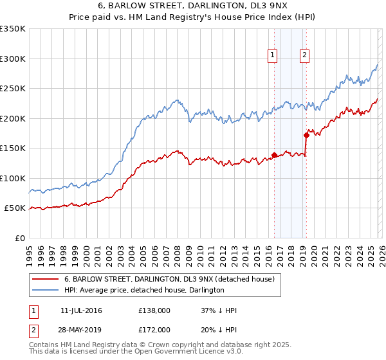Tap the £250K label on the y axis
pyautogui.click(x=13, y=89)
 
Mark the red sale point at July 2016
pyautogui.click(x=274, y=155)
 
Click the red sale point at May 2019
pyautogui.click(x=306, y=134)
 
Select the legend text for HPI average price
pyautogui.click(x=144, y=291)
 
